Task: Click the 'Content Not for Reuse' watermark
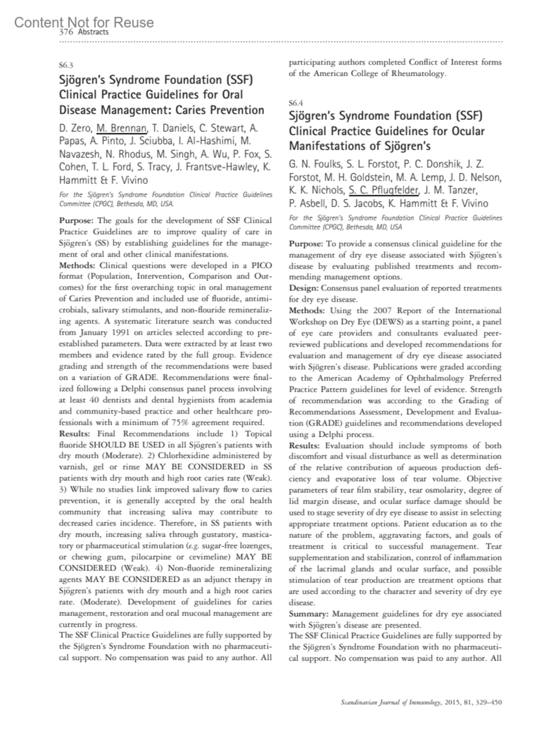84,22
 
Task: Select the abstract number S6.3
66,65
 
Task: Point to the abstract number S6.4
296,102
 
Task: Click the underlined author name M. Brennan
122,127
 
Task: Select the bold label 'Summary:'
309,614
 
